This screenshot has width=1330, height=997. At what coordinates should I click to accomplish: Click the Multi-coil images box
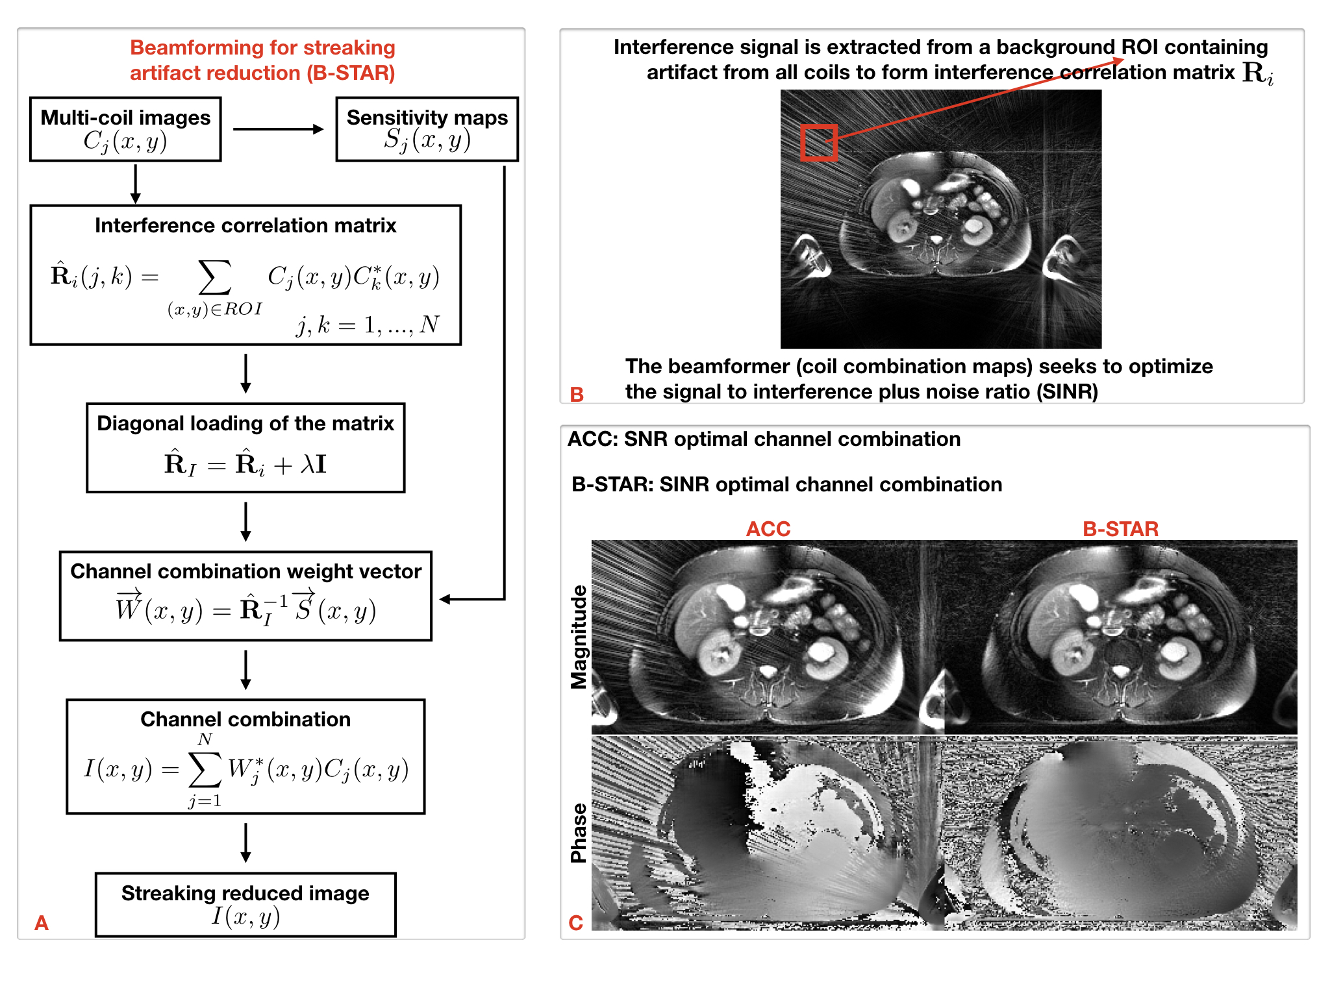(x=125, y=129)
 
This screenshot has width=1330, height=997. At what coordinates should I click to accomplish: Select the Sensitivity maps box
(x=427, y=129)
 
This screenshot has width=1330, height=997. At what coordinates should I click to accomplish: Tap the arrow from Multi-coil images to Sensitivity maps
(x=278, y=129)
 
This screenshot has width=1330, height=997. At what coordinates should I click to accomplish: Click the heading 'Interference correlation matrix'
(x=245, y=225)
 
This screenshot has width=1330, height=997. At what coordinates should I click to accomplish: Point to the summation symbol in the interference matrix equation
(x=215, y=277)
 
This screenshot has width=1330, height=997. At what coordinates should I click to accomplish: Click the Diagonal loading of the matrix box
(x=245, y=448)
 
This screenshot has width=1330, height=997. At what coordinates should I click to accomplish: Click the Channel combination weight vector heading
(x=245, y=571)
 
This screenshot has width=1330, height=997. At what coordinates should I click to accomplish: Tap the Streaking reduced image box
(x=245, y=904)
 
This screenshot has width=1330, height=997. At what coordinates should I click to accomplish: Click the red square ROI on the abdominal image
(x=818, y=143)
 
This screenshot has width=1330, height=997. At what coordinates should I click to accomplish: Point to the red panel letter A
(x=42, y=922)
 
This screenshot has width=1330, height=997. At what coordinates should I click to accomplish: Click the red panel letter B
(x=577, y=394)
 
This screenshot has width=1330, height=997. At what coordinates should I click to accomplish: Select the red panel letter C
(x=575, y=922)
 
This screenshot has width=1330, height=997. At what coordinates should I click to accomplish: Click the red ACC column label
(x=768, y=529)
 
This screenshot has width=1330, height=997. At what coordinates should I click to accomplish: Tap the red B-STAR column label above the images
(x=1120, y=529)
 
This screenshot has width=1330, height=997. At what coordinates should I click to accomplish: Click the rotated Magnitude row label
(x=579, y=637)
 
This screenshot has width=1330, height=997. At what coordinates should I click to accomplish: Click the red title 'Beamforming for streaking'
(x=262, y=47)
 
